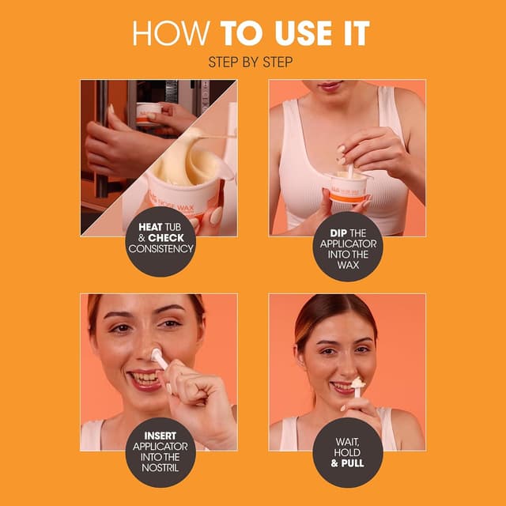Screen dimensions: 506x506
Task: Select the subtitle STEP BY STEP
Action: [252, 61]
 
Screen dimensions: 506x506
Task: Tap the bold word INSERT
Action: [160, 436]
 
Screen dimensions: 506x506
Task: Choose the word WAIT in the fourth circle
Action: [348, 441]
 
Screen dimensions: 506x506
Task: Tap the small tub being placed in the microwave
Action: [148, 111]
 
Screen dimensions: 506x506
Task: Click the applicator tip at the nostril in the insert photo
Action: [157, 354]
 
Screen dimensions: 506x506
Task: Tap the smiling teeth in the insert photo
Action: [145, 379]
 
